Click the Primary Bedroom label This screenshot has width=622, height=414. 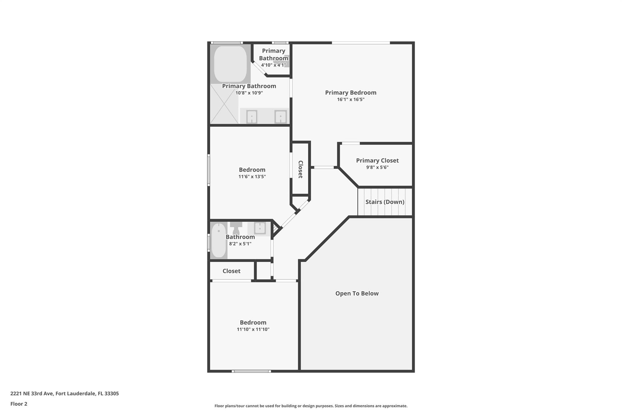tap(350, 93)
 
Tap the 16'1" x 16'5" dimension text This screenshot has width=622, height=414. tap(350, 99)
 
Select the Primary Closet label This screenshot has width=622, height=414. tap(377, 160)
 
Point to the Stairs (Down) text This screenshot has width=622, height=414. tap(384, 202)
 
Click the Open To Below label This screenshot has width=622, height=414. tap(357, 293)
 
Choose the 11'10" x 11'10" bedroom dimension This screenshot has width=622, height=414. tap(253, 329)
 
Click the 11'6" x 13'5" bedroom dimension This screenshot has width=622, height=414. tap(252, 177)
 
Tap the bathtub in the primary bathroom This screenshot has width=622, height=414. tap(230, 63)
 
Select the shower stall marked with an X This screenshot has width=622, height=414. tap(224, 104)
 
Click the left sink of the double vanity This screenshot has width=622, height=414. tap(251, 117)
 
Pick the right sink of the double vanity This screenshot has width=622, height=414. tap(280, 117)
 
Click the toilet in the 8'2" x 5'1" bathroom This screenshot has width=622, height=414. tap(236, 228)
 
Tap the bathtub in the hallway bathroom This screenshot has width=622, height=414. tap(219, 241)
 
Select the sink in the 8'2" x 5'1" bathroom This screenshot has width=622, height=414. tap(260, 228)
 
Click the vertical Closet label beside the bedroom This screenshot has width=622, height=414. tap(300, 169)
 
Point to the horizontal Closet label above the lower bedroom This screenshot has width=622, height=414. tap(231, 271)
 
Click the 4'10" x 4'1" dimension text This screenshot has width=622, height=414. tap(273, 65)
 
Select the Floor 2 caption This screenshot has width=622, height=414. tap(19, 404)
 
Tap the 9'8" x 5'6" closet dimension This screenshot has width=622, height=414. tap(377, 167)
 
